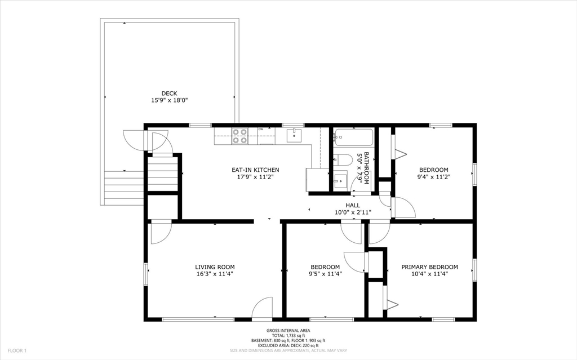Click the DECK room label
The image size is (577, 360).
click(x=169, y=94)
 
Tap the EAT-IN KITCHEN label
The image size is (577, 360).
click(x=255, y=170)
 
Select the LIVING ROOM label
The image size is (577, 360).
click(x=215, y=267)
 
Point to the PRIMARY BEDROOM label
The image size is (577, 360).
click(x=429, y=267)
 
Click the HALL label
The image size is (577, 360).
click(x=353, y=206)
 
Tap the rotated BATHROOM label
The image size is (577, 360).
click(x=366, y=168)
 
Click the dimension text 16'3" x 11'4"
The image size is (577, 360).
click(x=215, y=274)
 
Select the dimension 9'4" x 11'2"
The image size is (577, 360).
click(x=434, y=177)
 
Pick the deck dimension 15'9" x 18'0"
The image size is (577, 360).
click(x=169, y=100)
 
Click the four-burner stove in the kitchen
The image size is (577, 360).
click(x=239, y=136)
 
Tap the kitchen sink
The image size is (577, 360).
click(x=294, y=135)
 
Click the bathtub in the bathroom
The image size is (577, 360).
click(x=353, y=137)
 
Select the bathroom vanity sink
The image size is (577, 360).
click(x=340, y=180)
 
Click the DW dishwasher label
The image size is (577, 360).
click(x=260, y=129)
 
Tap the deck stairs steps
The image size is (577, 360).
click(x=124, y=188)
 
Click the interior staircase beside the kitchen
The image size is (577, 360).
click(x=163, y=174)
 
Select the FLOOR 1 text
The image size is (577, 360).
click(x=17, y=351)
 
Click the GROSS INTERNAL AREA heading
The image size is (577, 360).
click(x=288, y=331)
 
